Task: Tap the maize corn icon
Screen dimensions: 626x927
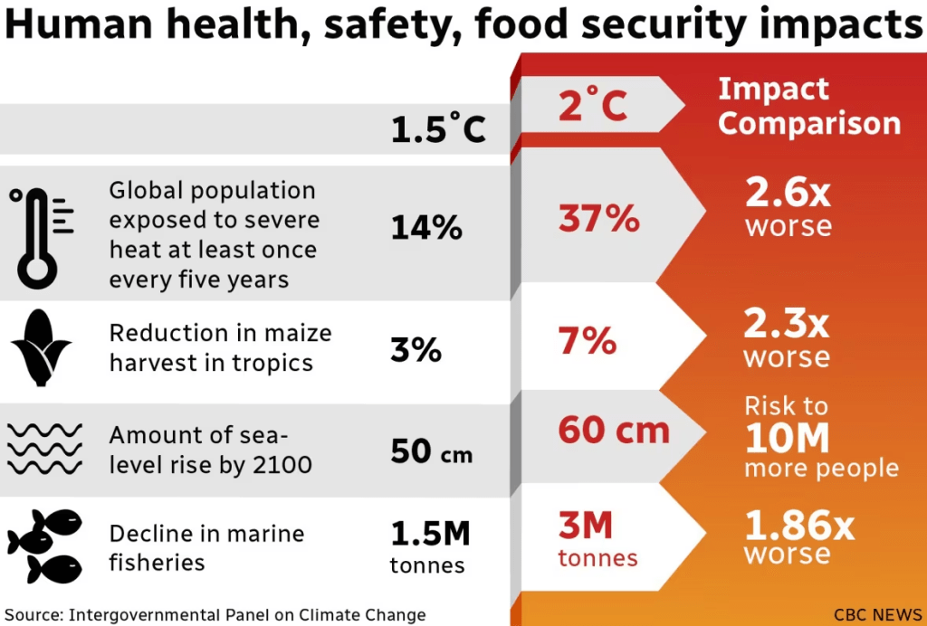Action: pos(41,347)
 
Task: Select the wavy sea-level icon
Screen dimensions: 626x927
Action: pos(44,449)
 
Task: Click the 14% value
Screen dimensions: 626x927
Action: pos(426,227)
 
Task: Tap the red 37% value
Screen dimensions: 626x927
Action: pos(598,219)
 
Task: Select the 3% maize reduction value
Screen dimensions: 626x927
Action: pos(416,349)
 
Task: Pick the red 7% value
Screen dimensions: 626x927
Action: pos(588,342)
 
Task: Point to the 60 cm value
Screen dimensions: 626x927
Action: pos(613,432)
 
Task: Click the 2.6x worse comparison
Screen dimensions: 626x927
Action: pos(788,207)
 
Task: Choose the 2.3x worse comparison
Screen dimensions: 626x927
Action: pos(787,338)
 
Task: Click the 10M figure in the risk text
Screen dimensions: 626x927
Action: pos(787,439)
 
